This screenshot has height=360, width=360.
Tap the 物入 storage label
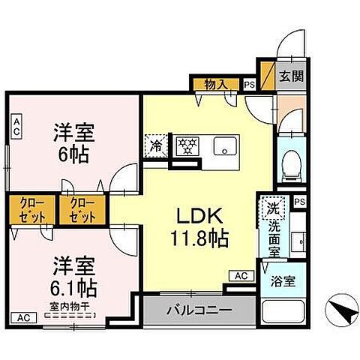click(216, 84)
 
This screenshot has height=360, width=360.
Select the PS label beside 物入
click(249, 85)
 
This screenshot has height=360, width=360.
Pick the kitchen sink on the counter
click(224, 146)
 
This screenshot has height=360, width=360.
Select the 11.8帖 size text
click(198, 239)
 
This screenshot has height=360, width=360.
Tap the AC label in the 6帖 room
click(16, 124)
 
